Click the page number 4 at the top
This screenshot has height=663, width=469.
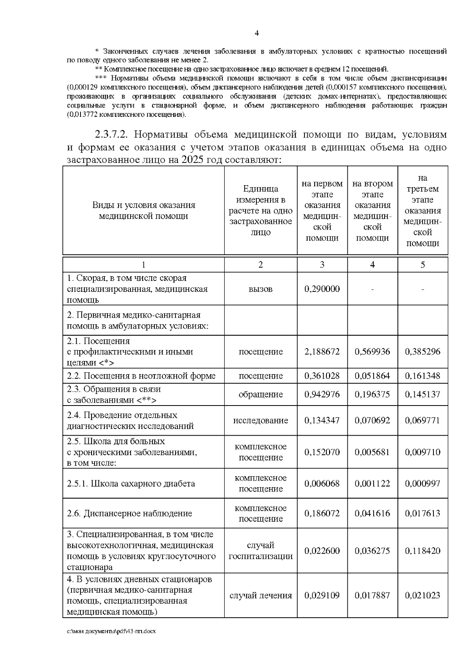[257, 33]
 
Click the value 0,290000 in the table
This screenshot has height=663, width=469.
[322, 289]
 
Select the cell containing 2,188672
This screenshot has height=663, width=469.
[322, 351]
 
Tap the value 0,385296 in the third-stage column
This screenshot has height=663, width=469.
[422, 351]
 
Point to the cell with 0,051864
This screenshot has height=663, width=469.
[372, 375]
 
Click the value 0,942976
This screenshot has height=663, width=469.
[322, 394]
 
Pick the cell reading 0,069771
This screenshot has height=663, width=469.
[422, 420]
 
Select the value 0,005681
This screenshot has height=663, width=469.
[372, 452]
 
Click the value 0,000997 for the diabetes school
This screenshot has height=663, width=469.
[422, 483]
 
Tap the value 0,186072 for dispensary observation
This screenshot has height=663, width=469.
[322, 513]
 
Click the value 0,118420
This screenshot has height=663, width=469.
[422, 550]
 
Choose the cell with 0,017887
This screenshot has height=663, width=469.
[372, 595]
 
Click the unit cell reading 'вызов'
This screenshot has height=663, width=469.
[260, 289]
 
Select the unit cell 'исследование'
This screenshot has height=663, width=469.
[260, 420]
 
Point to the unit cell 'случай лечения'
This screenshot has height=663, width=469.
[260, 595]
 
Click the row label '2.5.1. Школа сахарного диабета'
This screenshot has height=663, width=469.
[131, 483]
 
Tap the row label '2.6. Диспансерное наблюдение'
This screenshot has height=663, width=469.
[129, 513]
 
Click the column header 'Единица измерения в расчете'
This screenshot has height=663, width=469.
[260, 210]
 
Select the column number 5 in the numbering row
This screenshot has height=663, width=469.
[422, 264]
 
